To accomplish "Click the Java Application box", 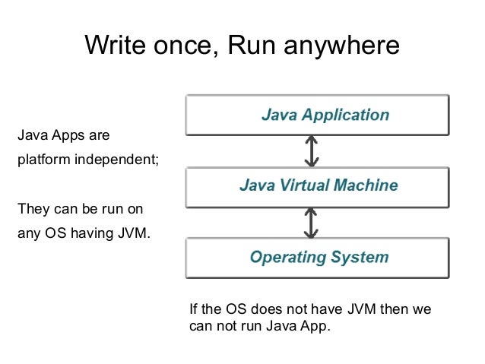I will pyautogui.click(x=318, y=116).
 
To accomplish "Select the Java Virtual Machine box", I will pyautogui.click(x=318, y=185).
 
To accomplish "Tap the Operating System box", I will pyautogui.click(x=318, y=257).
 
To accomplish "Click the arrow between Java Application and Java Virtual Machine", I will pyautogui.click(x=311, y=151).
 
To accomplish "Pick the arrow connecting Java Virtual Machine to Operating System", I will pyautogui.click(x=311, y=222).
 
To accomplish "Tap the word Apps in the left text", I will pyautogui.click(x=63, y=137).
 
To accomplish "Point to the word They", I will pyautogui.click(x=33, y=207).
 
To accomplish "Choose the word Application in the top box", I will pyautogui.click(x=345, y=116).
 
